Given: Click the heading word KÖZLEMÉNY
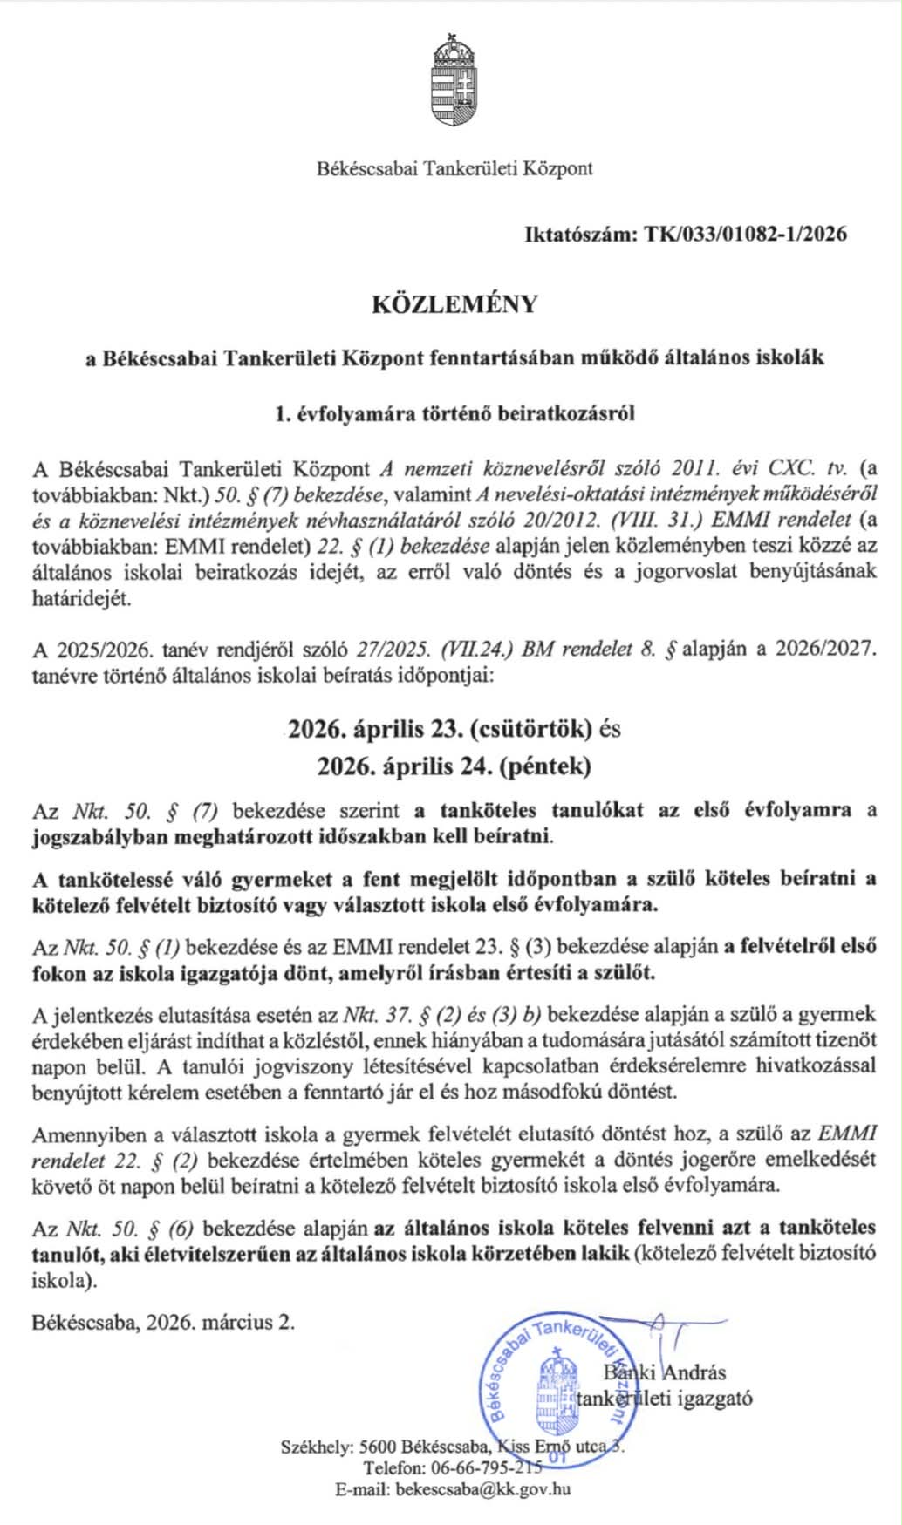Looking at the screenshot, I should pyautogui.click(x=454, y=304).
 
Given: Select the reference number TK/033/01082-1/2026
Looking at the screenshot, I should pyautogui.click(x=745, y=234).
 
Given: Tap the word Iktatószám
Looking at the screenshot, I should pyautogui.click(x=580, y=234).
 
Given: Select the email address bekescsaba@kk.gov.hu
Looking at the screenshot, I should pyautogui.click(x=482, y=1489).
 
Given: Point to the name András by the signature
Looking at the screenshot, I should pyautogui.click(x=695, y=1372).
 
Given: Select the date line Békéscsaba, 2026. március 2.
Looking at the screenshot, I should pyautogui.click(x=164, y=1321).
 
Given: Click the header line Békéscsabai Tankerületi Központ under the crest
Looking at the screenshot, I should pyautogui.click(x=454, y=168).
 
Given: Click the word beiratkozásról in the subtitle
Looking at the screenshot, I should pyautogui.click(x=566, y=413).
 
